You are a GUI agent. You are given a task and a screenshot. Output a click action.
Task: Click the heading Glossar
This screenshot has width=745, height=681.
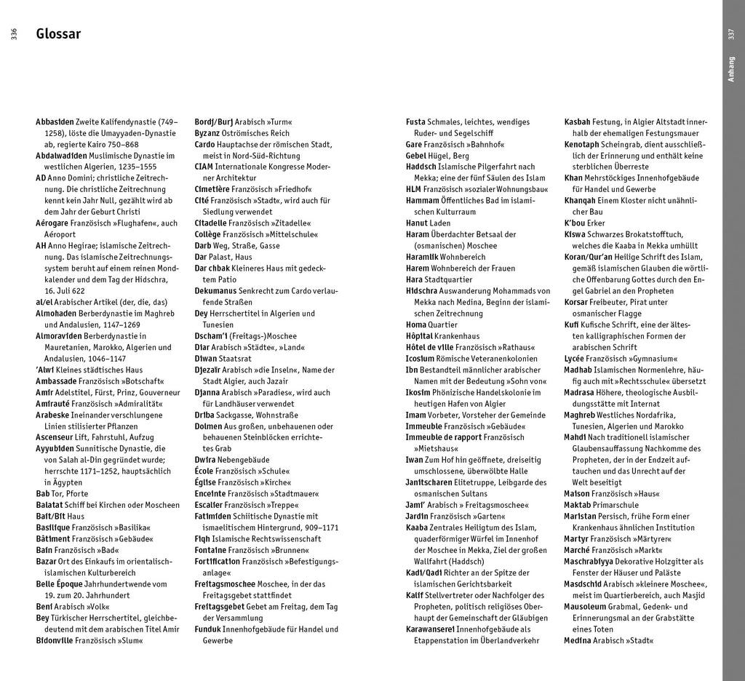point(58,34)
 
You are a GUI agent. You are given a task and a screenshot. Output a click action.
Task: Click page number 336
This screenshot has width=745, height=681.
point(13,34)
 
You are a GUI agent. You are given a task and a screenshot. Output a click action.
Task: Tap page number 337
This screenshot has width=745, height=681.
point(731,34)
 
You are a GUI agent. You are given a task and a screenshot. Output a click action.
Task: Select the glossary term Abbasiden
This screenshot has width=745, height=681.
point(55,122)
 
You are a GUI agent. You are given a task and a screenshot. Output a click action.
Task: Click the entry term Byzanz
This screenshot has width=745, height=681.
point(209,133)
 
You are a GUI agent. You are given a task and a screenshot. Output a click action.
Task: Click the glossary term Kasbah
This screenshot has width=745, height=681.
point(578,122)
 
